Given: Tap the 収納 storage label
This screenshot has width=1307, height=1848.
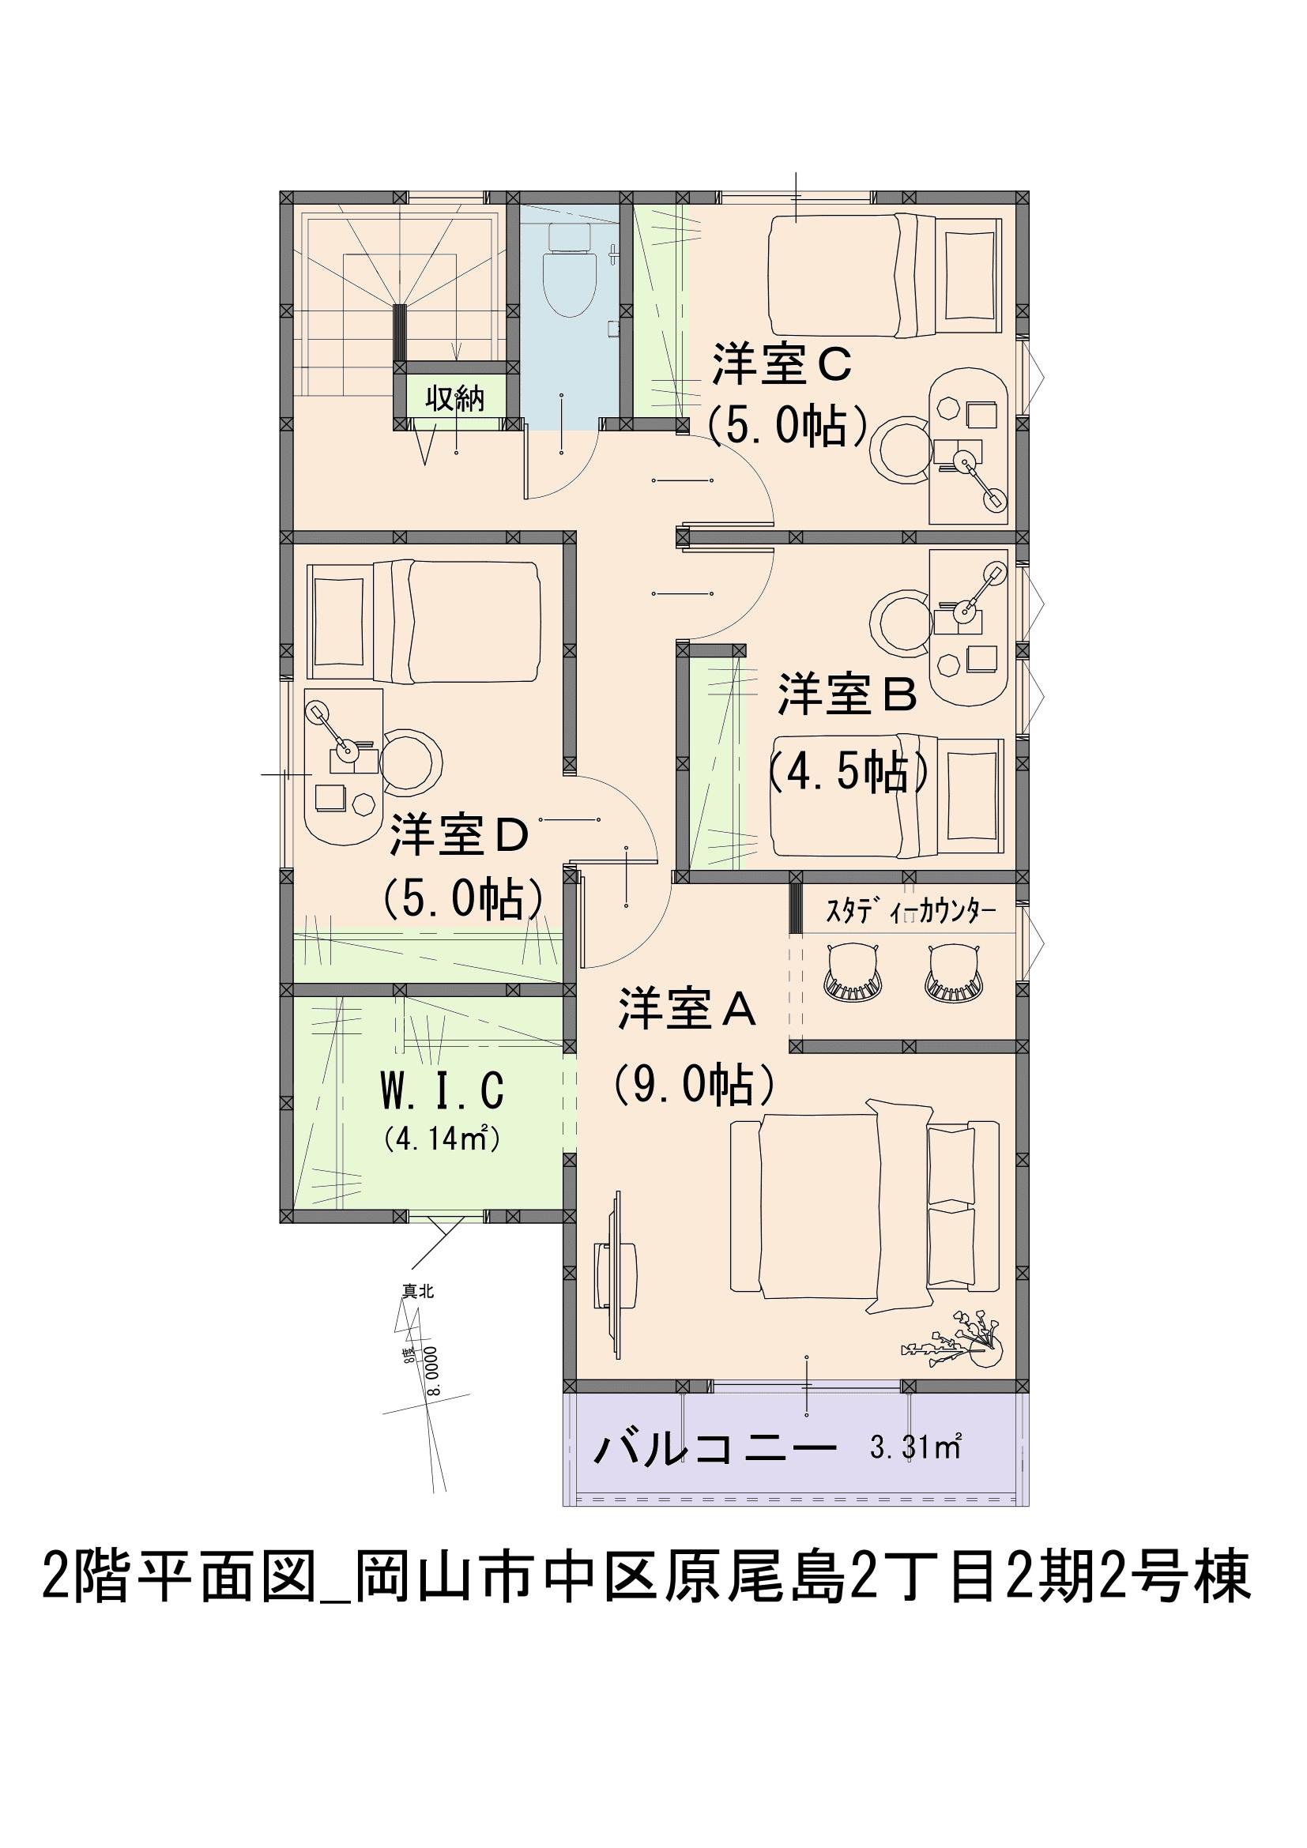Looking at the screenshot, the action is [x=454, y=398].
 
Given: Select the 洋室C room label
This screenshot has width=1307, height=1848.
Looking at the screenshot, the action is [x=782, y=368].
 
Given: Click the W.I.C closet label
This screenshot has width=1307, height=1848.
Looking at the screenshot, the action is [x=443, y=1090].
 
